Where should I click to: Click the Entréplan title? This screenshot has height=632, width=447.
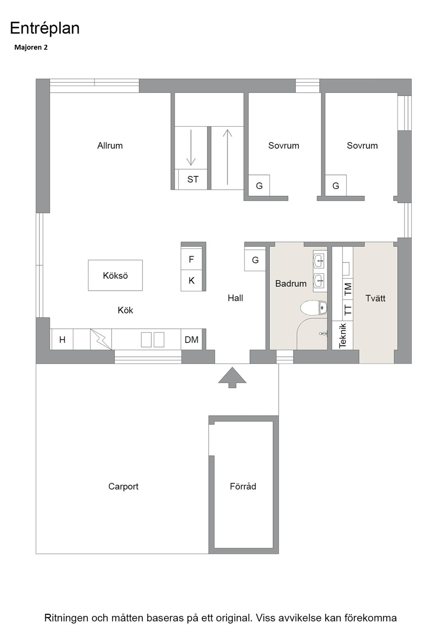click(x=44, y=29)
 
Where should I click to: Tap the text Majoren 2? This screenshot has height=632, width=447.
click(x=31, y=47)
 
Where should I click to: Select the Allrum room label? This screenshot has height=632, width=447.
click(x=110, y=146)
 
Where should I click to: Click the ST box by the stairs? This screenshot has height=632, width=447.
click(x=193, y=179)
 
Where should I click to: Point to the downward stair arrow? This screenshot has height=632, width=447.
click(x=191, y=147)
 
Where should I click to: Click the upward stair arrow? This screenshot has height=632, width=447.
click(x=227, y=157)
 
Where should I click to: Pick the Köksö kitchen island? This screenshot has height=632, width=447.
click(x=115, y=275)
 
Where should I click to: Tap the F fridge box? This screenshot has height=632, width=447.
click(x=191, y=259)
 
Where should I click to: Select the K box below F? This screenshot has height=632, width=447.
click(x=191, y=281)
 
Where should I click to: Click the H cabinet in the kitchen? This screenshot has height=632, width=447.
click(x=63, y=339)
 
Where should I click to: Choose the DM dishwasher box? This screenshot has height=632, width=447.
click(x=191, y=339)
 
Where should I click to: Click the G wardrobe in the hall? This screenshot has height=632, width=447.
click(x=255, y=260)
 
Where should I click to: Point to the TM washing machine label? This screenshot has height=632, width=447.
click(x=348, y=289)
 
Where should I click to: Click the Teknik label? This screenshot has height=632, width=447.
click(x=342, y=336)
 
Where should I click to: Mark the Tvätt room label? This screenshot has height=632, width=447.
click(x=375, y=298)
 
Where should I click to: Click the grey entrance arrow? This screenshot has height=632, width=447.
click(x=232, y=378)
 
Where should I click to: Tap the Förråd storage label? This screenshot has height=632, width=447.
click(x=243, y=486)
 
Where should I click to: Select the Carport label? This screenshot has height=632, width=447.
click(x=124, y=486)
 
